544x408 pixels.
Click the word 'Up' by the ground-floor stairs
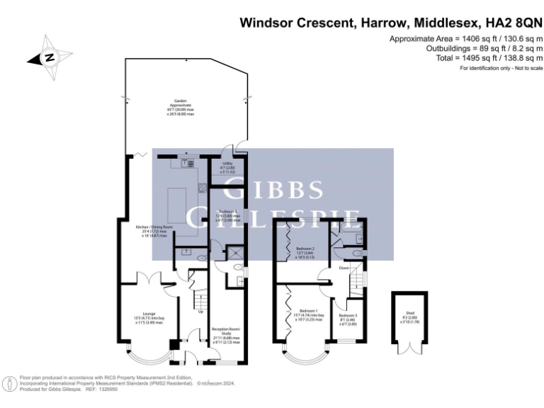pyautogui.click(x=200, y=312)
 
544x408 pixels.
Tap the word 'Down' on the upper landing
pyautogui.click(x=344, y=268)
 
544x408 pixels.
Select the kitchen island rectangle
pyautogui.click(x=182, y=211)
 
